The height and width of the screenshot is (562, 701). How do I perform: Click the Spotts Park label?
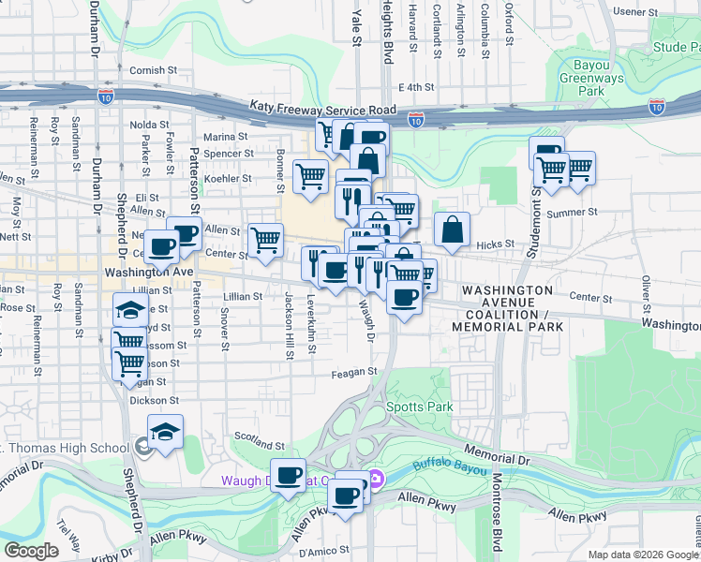tap(420, 407)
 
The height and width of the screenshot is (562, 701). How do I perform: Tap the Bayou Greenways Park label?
tap(589, 80)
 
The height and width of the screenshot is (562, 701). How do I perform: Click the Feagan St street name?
tap(353, 372)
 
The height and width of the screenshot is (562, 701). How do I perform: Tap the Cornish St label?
tap(154, 70)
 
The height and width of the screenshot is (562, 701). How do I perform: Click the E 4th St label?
tap(418, 87)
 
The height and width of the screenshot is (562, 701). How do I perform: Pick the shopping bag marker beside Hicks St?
tap(452, 229)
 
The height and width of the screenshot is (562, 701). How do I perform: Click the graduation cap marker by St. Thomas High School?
tap(165, 432)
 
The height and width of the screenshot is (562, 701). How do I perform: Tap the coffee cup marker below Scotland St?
tap(288, 475)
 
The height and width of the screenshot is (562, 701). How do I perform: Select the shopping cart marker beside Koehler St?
tap(310, 175)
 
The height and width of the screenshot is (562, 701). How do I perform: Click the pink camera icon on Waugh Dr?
tap(375, 480)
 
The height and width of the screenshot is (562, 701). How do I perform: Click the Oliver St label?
tap(646, 292)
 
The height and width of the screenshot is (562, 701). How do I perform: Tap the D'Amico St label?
tap(323, 550)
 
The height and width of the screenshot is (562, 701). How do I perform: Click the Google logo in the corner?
tap(30, 551)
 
